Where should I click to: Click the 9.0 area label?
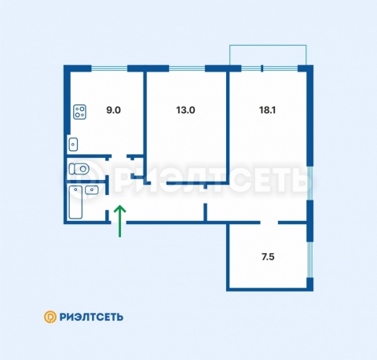(113, 110)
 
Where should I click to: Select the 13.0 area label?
(185, 110)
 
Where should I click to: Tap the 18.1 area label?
(267, 110)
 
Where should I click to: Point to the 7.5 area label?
(268, 257)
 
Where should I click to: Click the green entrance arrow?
(120, 221)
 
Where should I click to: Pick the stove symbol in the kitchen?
(80, 112)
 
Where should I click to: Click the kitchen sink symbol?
(73, 145)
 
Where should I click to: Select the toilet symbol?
(79, 169)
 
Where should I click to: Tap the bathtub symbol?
(75, 202)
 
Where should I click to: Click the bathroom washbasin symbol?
(92, 189)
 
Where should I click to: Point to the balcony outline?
(268, 46)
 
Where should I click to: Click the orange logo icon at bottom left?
(50, 317)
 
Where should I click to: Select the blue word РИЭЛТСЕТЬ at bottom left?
(91, 317)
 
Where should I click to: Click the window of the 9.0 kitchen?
(109, 68)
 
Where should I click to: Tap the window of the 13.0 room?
(187, 68)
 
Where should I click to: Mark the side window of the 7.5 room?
(310, 259)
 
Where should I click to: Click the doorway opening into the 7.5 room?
(269, 222)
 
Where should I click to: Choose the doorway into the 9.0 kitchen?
(119, 156)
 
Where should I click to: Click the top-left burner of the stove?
(77, 108)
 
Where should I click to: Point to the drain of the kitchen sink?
(73, 145)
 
